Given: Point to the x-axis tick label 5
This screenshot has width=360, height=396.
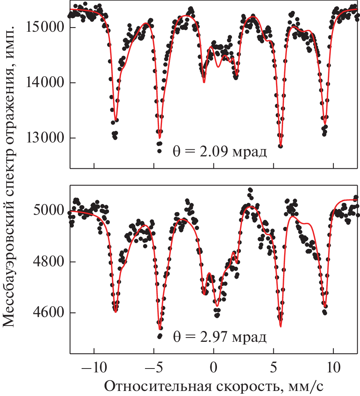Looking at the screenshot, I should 273,366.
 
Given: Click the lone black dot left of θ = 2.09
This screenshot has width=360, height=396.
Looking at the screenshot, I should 159,151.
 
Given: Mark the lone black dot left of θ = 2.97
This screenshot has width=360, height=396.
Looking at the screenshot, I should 159,336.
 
